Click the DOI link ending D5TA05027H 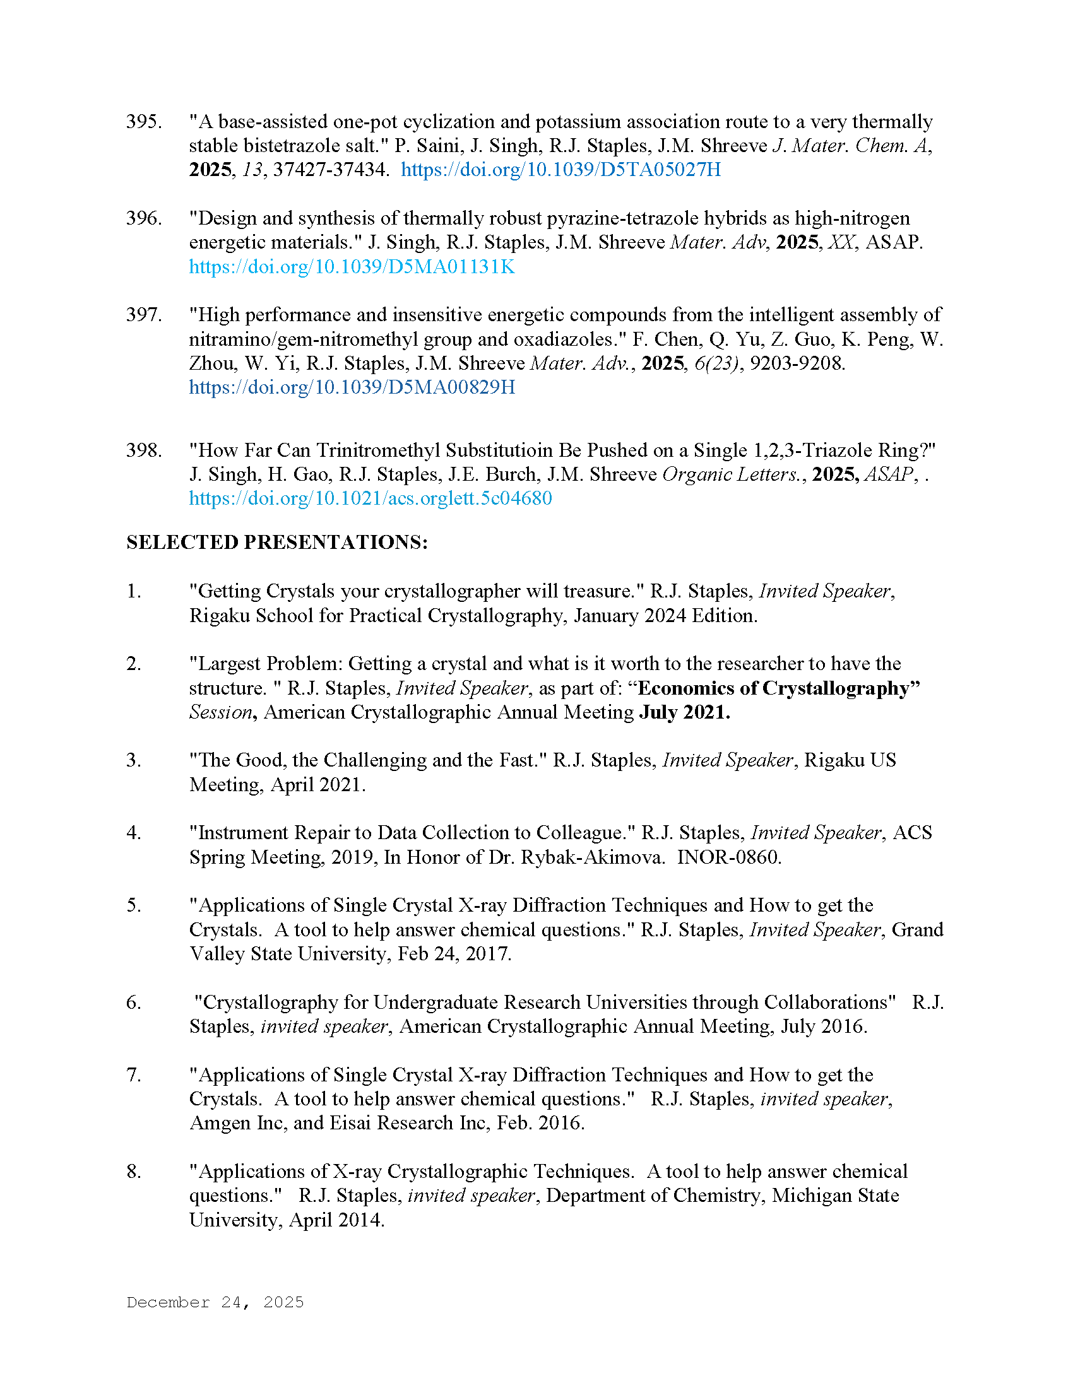click(560, 170)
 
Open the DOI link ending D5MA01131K click(352, 266)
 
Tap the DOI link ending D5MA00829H click(352, 387)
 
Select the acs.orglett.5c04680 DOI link click(370, 498)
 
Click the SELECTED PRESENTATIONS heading click(276, 542)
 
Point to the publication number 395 click(144, 121)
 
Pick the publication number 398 click(144, 450)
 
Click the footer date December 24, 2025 click(215, 1302)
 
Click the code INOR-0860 click(728, 857)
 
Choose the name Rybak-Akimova click(592, 857)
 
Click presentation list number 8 click(133, 1172)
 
